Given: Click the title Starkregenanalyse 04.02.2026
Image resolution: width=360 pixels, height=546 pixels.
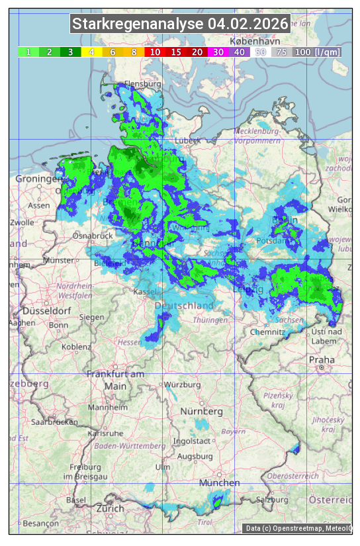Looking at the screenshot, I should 180,24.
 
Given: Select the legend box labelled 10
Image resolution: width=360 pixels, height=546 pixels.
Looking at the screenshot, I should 155,52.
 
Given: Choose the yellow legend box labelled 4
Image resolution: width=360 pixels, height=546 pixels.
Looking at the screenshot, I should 91,52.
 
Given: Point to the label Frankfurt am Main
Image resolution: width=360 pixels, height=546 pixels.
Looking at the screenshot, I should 115,380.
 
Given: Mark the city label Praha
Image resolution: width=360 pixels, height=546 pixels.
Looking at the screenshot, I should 322,359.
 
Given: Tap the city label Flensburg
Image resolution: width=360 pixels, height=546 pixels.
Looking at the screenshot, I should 143,85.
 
